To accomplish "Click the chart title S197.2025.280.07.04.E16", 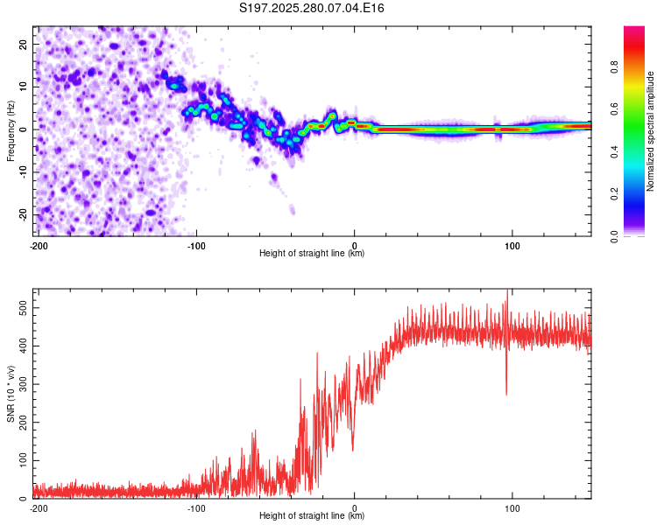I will pos(313,8).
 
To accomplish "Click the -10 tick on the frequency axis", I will pos(23,171).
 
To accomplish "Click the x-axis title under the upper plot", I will pos(312,253).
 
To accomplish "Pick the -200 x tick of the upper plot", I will pos(38,244).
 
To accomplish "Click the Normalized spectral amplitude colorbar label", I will pos(650,131).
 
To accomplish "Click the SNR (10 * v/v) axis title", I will pos(11,394).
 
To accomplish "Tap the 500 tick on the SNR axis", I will pos(21,309).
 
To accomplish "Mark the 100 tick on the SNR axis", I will pos(21,459).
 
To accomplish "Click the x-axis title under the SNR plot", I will pos(312,515).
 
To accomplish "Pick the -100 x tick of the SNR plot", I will pos(196,507).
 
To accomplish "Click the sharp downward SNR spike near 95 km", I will pos(505,389).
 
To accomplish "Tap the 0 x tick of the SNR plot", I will pos(354,507).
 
